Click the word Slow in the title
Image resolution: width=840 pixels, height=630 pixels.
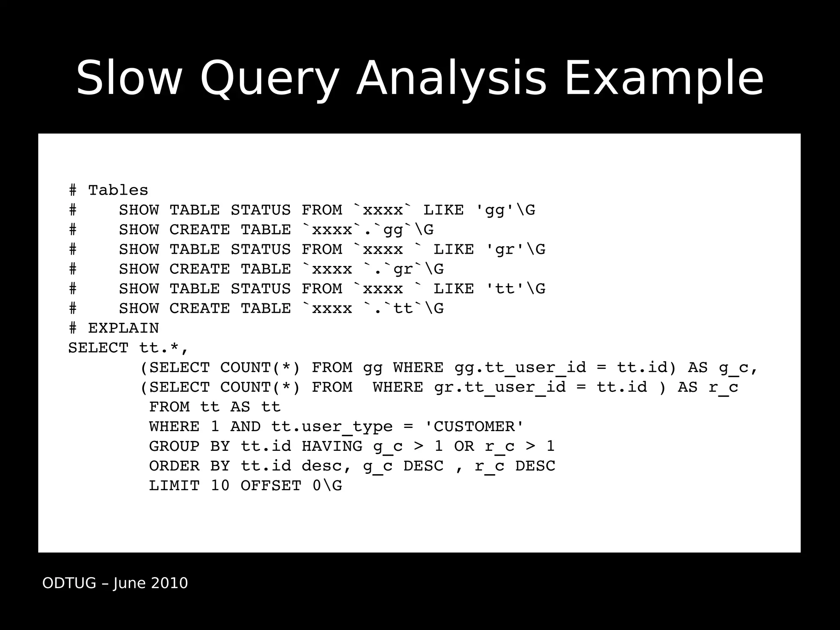pyautogui.click(x=128, y=78)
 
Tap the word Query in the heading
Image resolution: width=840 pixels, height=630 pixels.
pyautogui.click(x=269, y=79)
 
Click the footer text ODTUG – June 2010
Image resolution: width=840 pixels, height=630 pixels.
pyautogui.click(x=115, y=583)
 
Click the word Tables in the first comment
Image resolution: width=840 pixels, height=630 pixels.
pyautogui.click(x=118, y=190)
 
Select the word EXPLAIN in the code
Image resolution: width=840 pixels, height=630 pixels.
pyautogui.click(x=123, y=328)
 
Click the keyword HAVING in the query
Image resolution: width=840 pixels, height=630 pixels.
pyautogui.click(x=332, y=446)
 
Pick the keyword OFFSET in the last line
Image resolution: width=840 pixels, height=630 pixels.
pyautogui.click(x=271, y=486)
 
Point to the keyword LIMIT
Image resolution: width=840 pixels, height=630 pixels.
pyautogui.click(x=174, y=486)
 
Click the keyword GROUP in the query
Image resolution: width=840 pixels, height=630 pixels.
pyautogui.click(x=174, y=446)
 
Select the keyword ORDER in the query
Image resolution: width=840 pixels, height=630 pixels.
pyautogui.click(x=174, y=466)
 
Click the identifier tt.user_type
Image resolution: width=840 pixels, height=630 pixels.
pyautogui.click(x=332, y=427)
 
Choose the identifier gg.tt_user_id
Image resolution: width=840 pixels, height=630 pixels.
pyautogui.click(x=520, y=367)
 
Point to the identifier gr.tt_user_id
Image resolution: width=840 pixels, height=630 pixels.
pyautogui.click(x=500, y=387)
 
